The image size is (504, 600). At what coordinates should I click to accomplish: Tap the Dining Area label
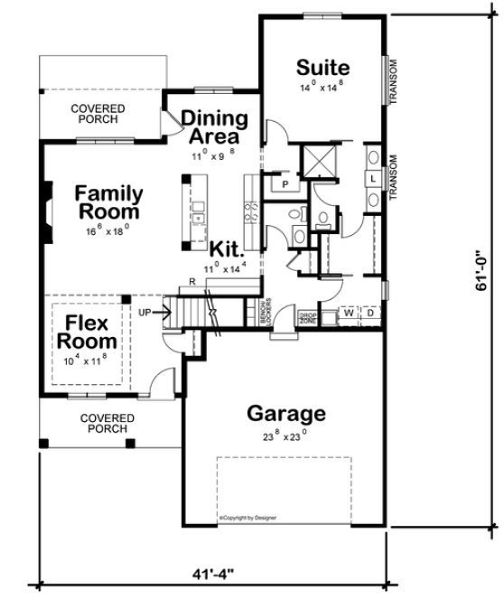pyautogui.click(x=215, y=127)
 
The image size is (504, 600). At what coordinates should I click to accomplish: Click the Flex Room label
pyautogui.click(x=88, y=331)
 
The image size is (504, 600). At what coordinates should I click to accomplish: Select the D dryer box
pyautogui.click(x=369, y=314)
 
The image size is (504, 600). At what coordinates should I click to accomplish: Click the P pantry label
pyautogui.click(x=285, y=184)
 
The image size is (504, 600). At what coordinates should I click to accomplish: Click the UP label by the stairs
pyautogui.click(x=145, y=313)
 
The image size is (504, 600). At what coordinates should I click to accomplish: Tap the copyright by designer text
pyautogui.click(x=247, y=518)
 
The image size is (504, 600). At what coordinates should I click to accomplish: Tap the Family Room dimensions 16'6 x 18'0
pyautogui.click(x=107, y=231)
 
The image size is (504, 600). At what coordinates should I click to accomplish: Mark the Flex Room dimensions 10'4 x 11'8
pyautogui.click(x=88, y=360)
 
